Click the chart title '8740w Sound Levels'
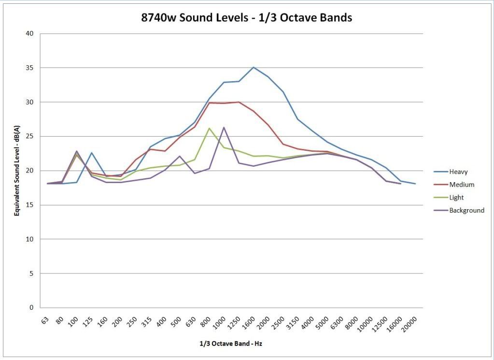click(246, 18)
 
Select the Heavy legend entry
click(458, 172)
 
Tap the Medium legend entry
click(462, 185)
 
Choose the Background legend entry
click(466, 210)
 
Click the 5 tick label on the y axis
click(32, 274)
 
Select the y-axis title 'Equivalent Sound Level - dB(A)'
click(17, 171)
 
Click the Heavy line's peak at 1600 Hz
click(254, 67)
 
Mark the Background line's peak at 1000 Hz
click(224, 127)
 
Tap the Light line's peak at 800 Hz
click(209, 128)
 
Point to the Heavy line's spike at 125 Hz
click(91, 153)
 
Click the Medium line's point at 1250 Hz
click(239, 102)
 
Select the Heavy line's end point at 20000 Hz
click(415, 184)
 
